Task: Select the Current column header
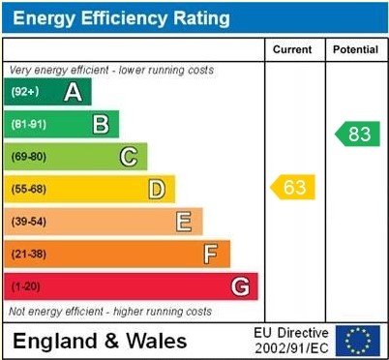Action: coord(292,49)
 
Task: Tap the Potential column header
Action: coord(355,49)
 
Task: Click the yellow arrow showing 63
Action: coord(293,187)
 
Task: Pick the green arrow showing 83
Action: coord(357,134)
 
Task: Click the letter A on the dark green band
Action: coord(73,92)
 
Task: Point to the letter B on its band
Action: coord(101,124)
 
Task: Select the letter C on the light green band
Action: coord(129,157)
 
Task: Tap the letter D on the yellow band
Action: coord(156,189)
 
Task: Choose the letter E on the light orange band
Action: coord(183,222)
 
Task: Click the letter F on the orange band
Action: coord(210,254)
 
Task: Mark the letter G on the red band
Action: coord(240,286)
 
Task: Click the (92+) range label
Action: coord(25,92)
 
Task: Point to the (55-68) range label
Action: coord(29,189)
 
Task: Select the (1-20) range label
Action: coord(26,286)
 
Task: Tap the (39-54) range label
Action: coord(29,222)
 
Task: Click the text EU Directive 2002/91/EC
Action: coord(290,340)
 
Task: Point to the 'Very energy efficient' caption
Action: coord(111,71)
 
